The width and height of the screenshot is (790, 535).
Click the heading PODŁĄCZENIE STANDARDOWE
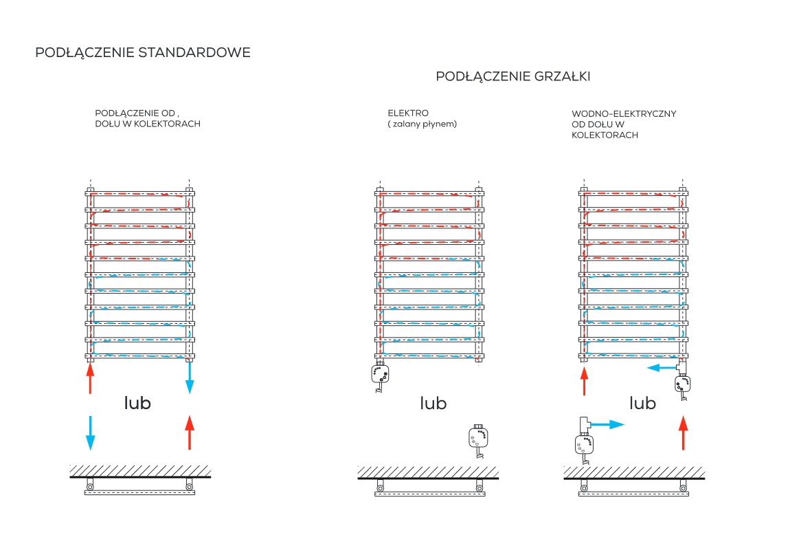coord(143,53)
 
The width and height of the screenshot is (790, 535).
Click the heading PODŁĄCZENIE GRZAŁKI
coord(512,76)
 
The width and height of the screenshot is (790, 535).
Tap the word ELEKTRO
coord(408,113)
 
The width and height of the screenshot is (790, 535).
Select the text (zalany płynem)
coord(422,124)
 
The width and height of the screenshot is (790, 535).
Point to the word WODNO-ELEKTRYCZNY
coord(624,113)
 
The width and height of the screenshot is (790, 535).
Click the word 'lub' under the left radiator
coord(137,403)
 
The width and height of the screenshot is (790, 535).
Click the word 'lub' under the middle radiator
coord(433,403)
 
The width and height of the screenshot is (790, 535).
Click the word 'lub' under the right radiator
coord(643,403)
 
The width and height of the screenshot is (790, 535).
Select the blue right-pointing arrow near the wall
coord(607,425)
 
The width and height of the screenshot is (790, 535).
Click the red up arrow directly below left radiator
coord(89,378)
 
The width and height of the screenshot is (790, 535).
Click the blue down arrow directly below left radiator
coord(190,378)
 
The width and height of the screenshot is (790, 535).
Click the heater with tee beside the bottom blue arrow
coord(584,440)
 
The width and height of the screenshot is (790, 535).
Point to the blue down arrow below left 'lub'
coord(90,433)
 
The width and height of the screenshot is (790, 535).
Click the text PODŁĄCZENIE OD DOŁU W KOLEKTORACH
coord(147,118)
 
